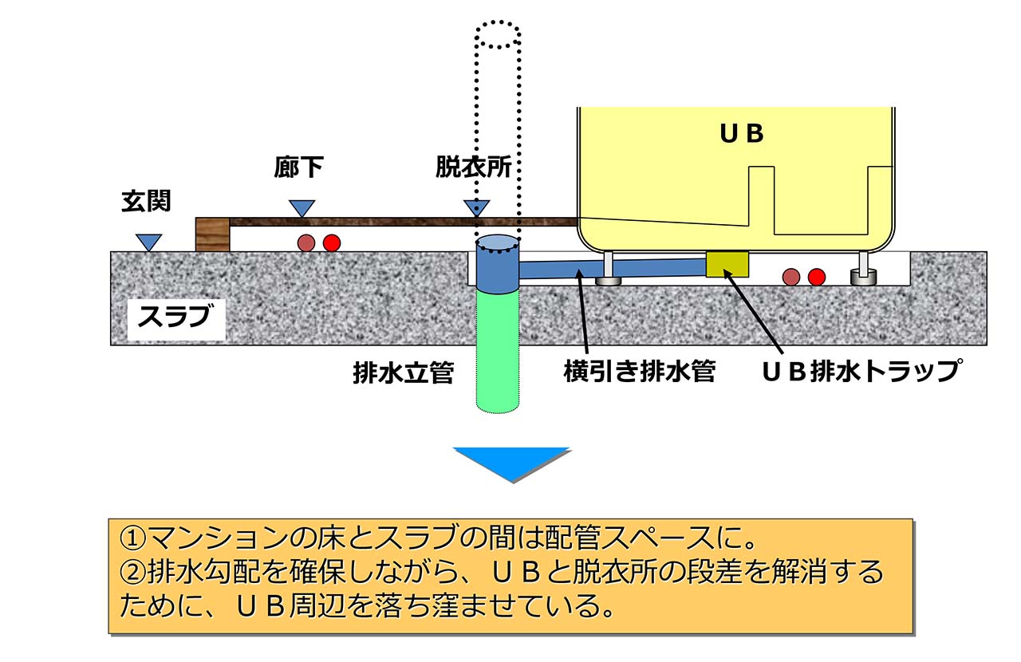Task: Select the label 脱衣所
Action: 473,167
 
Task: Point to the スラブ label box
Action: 174,317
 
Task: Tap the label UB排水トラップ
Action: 859,372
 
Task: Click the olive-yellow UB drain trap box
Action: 727,263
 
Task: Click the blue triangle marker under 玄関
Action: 148,242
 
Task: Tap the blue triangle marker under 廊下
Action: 302,208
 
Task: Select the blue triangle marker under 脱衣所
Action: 476,208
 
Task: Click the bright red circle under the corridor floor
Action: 331,242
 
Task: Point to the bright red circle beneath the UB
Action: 816,277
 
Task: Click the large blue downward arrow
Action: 511,463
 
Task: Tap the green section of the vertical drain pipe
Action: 499,351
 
